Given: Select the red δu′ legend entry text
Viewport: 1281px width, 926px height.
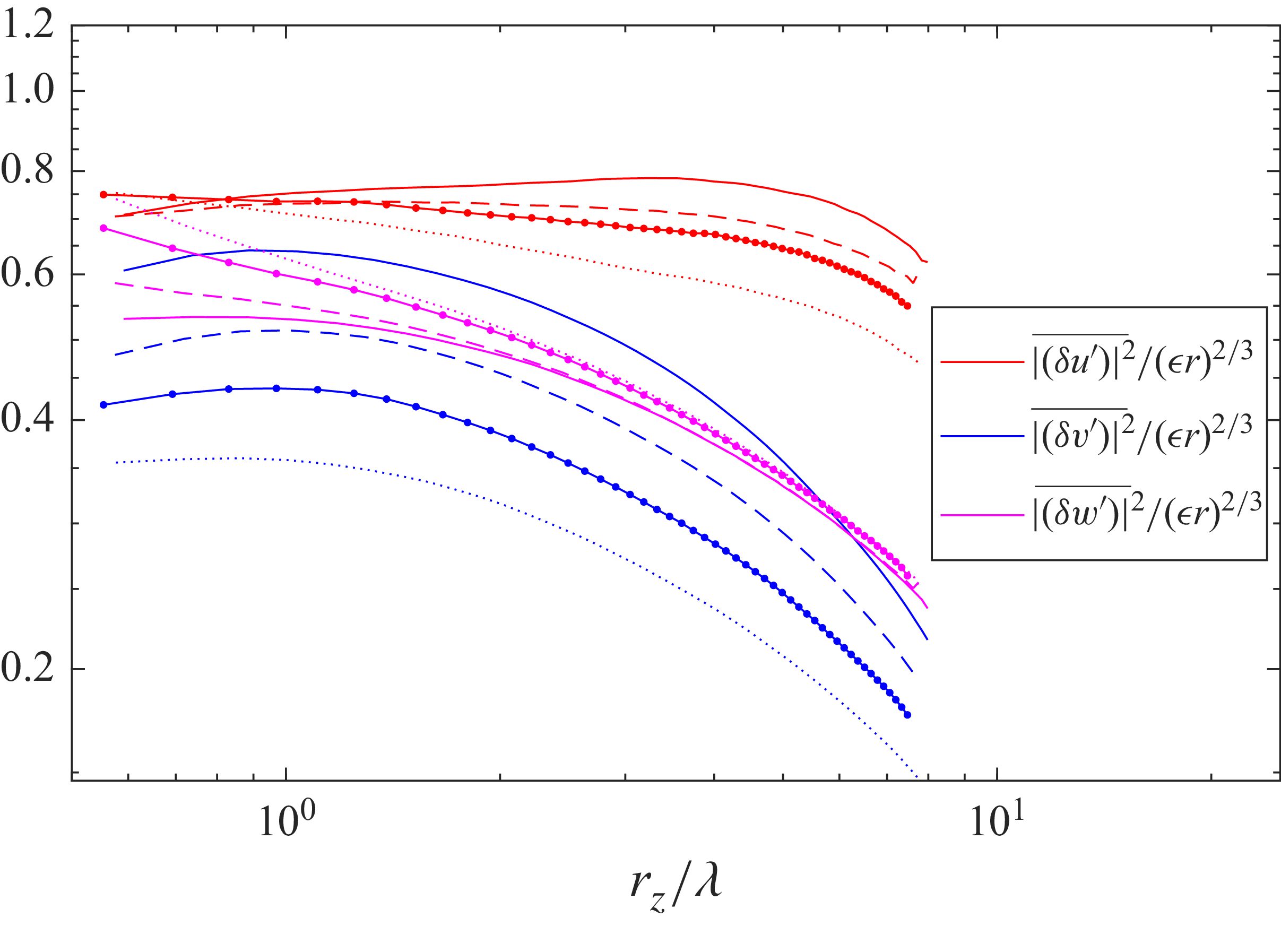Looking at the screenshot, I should tap(1142, 359).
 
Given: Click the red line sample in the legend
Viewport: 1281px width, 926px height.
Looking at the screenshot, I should tap(982, 361).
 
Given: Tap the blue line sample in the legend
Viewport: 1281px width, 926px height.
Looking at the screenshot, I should tap(982, 436).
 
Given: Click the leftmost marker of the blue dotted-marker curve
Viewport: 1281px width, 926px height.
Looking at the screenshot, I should tap(103, 404).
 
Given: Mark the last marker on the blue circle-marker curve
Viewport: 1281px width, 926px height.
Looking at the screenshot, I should tap(907, 715).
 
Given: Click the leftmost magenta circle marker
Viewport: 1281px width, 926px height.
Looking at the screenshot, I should tap(103, 228).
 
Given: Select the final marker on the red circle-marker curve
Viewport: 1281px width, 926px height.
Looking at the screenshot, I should tap(907, 306).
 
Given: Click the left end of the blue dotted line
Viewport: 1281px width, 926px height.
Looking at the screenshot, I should tap(116, 463).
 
